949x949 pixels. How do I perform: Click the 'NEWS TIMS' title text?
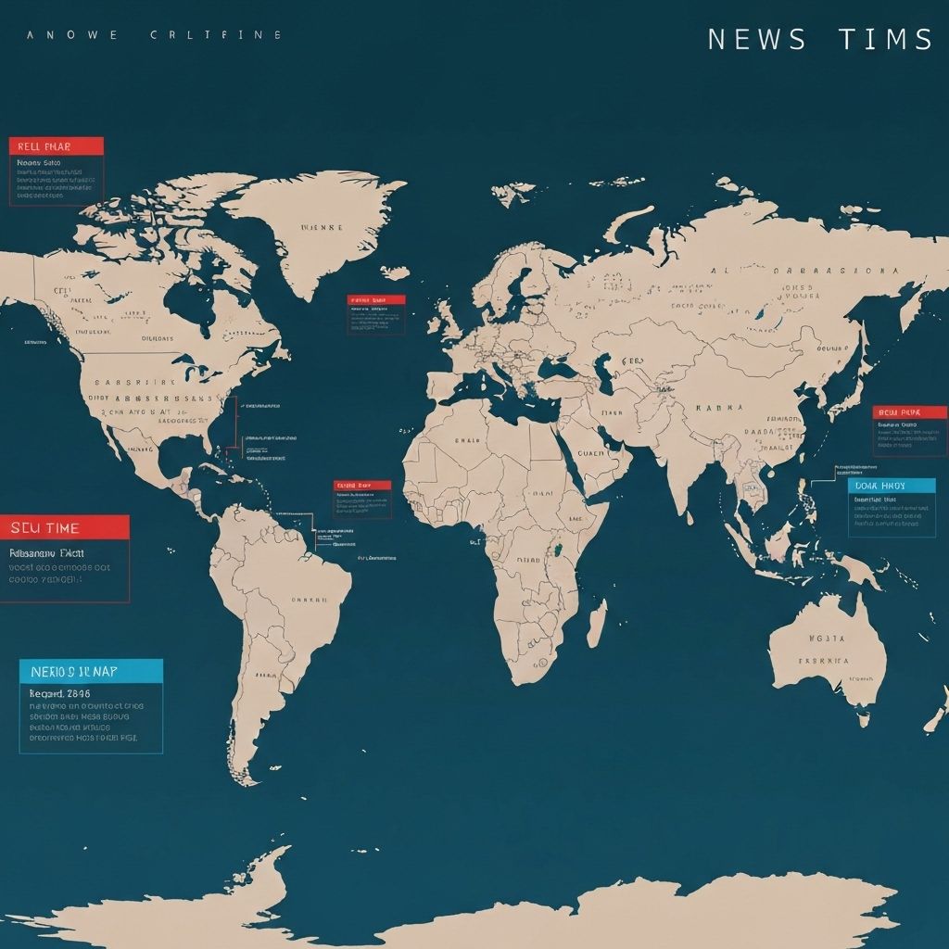(x=819, y=40)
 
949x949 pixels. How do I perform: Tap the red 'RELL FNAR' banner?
(x=57, y=146)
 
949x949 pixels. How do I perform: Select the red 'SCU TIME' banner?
(x=64, y=527)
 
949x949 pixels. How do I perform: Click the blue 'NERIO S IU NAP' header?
(x=91, y=671)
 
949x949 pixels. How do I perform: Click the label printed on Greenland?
(x=322, y=226)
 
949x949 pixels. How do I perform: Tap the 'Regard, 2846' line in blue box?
(x=56, y=692)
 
